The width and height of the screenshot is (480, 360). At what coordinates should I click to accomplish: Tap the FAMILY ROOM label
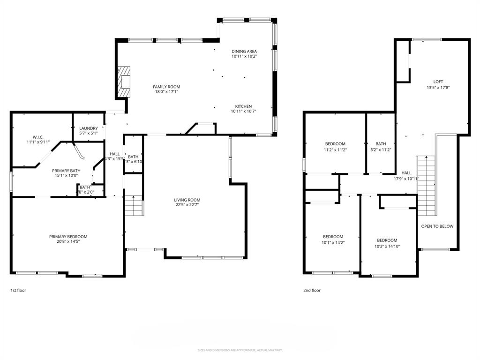(x=166, y=87)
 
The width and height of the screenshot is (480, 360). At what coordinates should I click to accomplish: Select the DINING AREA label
(x=244, y=51)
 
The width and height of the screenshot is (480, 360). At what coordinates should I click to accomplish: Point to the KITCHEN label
(x=243, y=106)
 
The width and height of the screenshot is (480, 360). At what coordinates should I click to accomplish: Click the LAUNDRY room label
(x=89, y=128)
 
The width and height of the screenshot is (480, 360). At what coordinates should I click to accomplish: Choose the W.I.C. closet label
(x=37, y=136)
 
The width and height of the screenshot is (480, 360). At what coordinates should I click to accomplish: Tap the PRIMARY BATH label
(x=66, y=171)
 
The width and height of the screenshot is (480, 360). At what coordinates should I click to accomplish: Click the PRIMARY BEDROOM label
(x=68, y=237)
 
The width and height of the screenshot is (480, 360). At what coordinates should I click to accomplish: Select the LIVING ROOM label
(x=187, y=200)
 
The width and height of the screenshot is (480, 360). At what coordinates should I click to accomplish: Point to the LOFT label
(x=438, y=82)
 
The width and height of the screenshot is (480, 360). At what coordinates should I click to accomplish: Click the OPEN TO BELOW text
(x=437, y=226)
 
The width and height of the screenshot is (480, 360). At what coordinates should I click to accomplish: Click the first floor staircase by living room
(x=134, y=205)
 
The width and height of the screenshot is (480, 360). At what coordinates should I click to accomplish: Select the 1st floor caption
(x=18, y=291)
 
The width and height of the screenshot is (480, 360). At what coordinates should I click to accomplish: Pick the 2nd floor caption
(x=312, y=291)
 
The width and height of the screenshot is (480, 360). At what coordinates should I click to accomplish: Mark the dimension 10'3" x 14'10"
(x=387, y=246)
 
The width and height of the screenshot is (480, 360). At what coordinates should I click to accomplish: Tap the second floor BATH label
(x=380, y=144)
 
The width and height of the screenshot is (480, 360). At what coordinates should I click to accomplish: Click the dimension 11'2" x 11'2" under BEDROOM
(x=335, y=150)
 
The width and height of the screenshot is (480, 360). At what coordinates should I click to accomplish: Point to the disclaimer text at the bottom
(x=240, y=350)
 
